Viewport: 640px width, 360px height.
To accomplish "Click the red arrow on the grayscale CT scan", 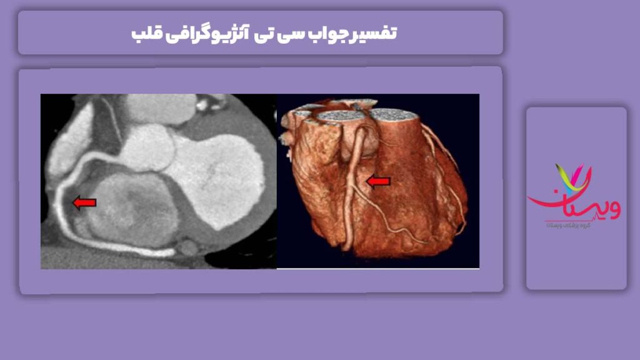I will pyautogui.click(x=85, y=202).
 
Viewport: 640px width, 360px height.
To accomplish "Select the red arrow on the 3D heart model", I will pyautogui.click(x=377, y=181).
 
